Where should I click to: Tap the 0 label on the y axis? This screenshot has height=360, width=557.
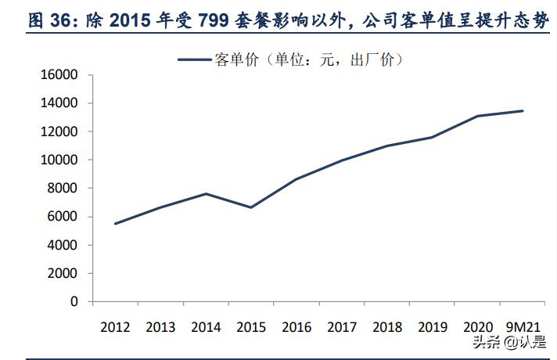point(74,301)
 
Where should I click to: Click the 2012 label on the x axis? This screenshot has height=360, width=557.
point(115,327)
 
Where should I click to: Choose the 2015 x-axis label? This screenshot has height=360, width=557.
point(251,327)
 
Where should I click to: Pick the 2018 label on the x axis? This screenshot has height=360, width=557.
point(387,327)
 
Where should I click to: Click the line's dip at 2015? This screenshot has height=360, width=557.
point(251,207)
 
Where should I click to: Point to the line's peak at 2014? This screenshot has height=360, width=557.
point(206,193)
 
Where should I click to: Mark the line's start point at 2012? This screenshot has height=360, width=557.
point(115,224)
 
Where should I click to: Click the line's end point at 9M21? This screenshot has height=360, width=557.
point(523,111)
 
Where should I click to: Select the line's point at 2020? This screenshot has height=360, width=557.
point(477,116)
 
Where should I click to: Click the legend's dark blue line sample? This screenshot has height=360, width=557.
point(195,59)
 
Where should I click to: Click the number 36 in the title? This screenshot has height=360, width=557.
point(38,21)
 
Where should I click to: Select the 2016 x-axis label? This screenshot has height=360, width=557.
point(296,327)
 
